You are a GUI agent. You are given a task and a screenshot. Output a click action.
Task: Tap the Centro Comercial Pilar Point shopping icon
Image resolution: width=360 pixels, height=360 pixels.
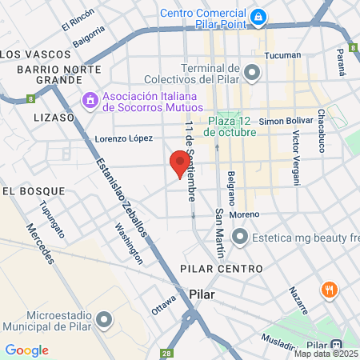tap(258, 17)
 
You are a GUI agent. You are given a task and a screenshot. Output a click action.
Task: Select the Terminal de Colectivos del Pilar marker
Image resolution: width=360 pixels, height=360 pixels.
tap(253, 74)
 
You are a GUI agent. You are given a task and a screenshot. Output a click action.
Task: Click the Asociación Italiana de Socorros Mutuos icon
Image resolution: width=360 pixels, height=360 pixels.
tap(90, 102)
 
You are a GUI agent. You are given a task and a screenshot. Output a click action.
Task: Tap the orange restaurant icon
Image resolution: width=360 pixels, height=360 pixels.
tap(328, 291)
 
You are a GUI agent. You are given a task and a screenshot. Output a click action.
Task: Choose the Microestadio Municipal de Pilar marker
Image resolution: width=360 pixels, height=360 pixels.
tap(103, 320)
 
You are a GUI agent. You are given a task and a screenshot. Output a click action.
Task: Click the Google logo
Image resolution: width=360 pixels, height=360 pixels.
tap(26, 350)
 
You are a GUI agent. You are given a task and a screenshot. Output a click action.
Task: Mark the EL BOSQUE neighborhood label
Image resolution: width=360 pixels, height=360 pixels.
tap(31, 191)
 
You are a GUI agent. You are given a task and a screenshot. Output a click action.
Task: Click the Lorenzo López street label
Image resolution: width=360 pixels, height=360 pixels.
tap(124, 138)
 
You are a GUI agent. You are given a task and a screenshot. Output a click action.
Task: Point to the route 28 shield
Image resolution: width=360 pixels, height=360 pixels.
tap(166, 352)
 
